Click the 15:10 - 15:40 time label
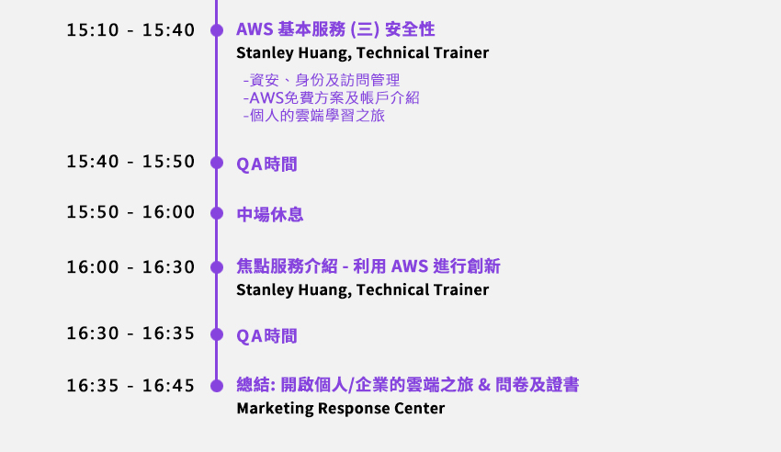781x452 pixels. coord(130,30)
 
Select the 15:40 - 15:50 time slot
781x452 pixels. coord(130,162)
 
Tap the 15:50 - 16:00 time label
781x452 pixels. coord(130,212)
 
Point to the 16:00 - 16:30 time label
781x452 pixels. coord(130,267)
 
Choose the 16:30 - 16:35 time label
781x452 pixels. coord(130,333)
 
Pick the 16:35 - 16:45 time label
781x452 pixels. coord(130,386)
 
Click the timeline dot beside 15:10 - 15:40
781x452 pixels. coord(217,30)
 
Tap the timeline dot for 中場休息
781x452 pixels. coord(217,213)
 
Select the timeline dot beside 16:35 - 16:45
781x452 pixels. coord(217,385)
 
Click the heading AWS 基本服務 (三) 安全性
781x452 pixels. coord(335,29)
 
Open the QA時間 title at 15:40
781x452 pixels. coord(266,164)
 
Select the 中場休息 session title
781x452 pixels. coord(269,214)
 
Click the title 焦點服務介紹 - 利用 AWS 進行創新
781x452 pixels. coord(368,266)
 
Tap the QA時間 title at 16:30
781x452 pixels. coord(266,336)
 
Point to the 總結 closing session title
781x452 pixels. coord(407,385)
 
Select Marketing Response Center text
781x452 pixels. coord(341,408)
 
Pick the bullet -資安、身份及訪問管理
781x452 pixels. coord(322,80)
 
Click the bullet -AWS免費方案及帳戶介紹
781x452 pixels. coord(331,97)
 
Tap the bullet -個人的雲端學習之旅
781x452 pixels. coord(314,116)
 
